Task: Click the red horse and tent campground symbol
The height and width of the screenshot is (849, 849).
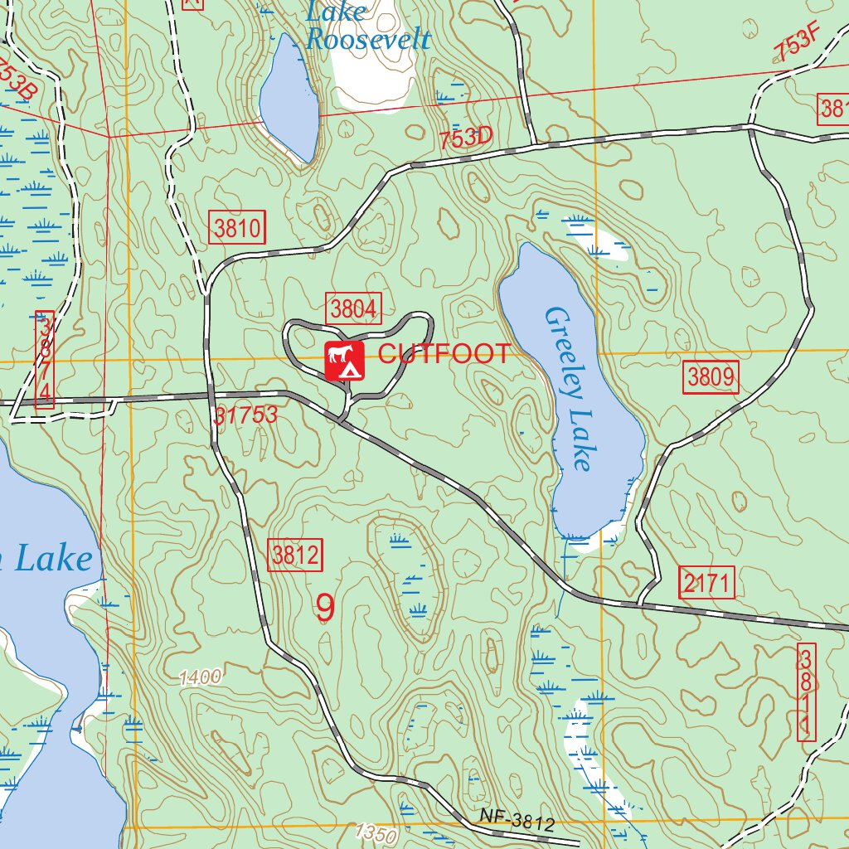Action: click(345, 361)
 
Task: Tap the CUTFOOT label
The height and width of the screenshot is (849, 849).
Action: click(444, 354)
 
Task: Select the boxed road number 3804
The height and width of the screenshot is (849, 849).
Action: click(354, 309)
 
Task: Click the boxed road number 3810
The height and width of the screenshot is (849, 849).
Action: click(237, 227)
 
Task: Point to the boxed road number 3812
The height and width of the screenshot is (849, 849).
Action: click(295, 555)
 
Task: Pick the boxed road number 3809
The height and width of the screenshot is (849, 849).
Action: click(711, 378)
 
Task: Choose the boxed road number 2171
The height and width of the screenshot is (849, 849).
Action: click(706, 584)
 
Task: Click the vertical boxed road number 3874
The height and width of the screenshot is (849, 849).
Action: click(45, 360)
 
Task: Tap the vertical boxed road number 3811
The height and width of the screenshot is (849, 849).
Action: click(806, 692)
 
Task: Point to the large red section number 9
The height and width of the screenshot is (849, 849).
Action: click(325, 609)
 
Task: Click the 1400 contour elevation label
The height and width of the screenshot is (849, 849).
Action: click(200, 677)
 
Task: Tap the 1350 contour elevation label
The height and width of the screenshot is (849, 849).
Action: click(375, 832)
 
